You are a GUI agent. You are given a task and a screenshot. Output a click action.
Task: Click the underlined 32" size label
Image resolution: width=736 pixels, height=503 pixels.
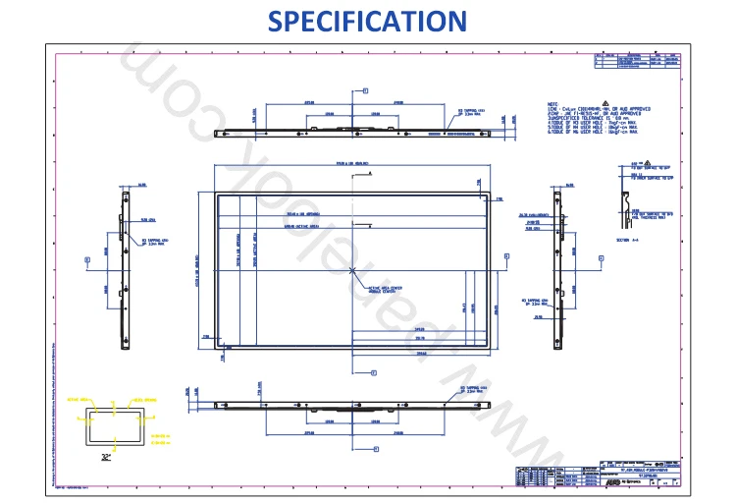click(106, 457)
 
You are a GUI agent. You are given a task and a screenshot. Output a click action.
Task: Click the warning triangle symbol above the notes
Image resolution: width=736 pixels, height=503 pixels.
click(637, 161)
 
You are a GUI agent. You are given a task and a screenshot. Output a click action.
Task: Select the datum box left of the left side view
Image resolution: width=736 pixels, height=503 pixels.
click(88, 260)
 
